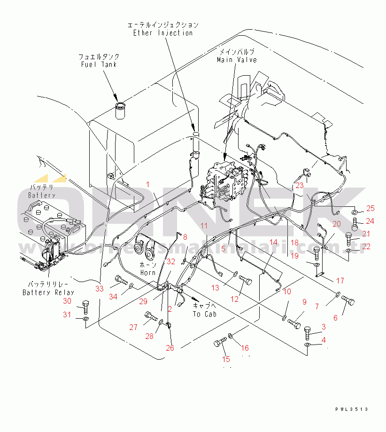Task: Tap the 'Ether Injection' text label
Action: tap(163, 33)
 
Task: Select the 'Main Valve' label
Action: tap(237, 60)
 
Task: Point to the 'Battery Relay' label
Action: tap(48, 292)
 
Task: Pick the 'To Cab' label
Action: tap(204, 314)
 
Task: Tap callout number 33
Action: tap(99, 289)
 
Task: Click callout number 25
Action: tap(371, 209)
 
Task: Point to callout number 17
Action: tap(340, 281)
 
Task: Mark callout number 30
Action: tap(68, 301)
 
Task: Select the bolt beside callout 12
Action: tap(246, 280)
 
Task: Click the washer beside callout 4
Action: tap(307, 345)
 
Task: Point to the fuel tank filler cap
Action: tap(121, 108)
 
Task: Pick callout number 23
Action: tap(300, 185)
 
